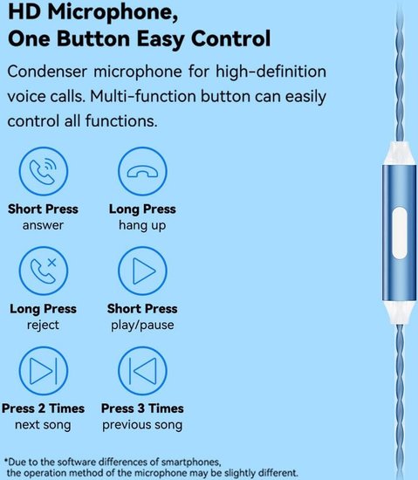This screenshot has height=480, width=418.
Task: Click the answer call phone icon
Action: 44,171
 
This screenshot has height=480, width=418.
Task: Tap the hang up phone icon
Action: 142,171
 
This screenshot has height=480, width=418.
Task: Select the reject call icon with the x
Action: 44,271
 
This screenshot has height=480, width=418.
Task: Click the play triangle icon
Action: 142,271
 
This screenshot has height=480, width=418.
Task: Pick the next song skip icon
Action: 44,371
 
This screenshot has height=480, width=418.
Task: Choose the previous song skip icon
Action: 142,371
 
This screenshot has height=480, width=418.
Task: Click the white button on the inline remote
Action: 400,233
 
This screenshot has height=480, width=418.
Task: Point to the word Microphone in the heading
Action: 113,13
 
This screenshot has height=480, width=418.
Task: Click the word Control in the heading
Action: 230,39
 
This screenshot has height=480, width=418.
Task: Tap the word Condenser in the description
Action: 47,72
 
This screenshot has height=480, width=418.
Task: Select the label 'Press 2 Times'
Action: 43,408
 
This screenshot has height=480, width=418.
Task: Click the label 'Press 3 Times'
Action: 142,408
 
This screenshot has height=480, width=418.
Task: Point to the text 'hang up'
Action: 142,225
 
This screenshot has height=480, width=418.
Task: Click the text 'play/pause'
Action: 142,325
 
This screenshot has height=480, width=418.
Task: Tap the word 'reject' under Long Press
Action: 43,325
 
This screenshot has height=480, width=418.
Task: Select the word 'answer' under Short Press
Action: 43,225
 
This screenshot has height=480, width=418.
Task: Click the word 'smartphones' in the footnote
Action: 190,462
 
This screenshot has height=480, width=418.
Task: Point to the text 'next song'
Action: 43,425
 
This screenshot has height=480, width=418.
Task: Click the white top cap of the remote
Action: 399,154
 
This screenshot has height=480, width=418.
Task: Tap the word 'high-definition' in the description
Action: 271,72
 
